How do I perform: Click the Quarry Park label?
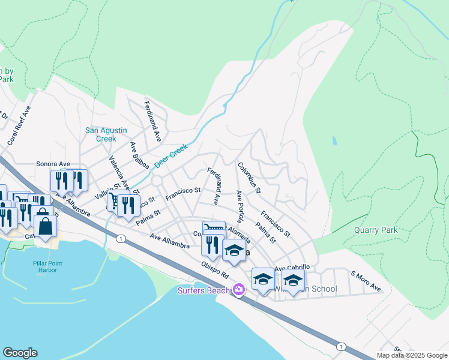375,230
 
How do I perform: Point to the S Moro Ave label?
366,284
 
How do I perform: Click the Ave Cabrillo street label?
292,268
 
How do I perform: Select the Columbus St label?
249,178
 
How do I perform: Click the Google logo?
19,353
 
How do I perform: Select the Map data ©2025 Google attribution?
412,355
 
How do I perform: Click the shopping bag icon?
45,226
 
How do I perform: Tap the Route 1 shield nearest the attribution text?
341,347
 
